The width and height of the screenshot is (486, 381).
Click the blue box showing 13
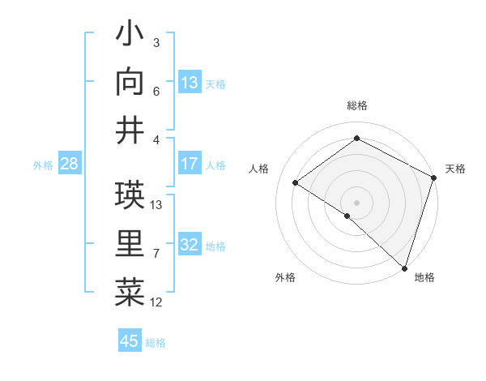[190, 82]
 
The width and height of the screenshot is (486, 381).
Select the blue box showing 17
[190, 164]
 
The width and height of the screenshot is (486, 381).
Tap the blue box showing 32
[190, 245]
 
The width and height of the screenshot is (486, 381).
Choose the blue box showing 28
[70, 164]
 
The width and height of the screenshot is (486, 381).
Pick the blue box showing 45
[130, 341]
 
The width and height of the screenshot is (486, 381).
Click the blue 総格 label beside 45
[156, 343]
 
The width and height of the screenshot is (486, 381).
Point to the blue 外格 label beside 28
[43, 165]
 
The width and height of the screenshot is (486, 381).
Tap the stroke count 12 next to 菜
[156, 302]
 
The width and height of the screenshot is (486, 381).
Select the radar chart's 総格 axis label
[356, 105]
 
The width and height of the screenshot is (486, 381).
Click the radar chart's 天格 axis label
[455, 169]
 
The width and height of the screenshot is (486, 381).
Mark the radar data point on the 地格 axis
[404, 267]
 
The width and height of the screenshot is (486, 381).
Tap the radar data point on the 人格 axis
[296, 182]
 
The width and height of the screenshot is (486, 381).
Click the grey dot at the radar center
[356, 202]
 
